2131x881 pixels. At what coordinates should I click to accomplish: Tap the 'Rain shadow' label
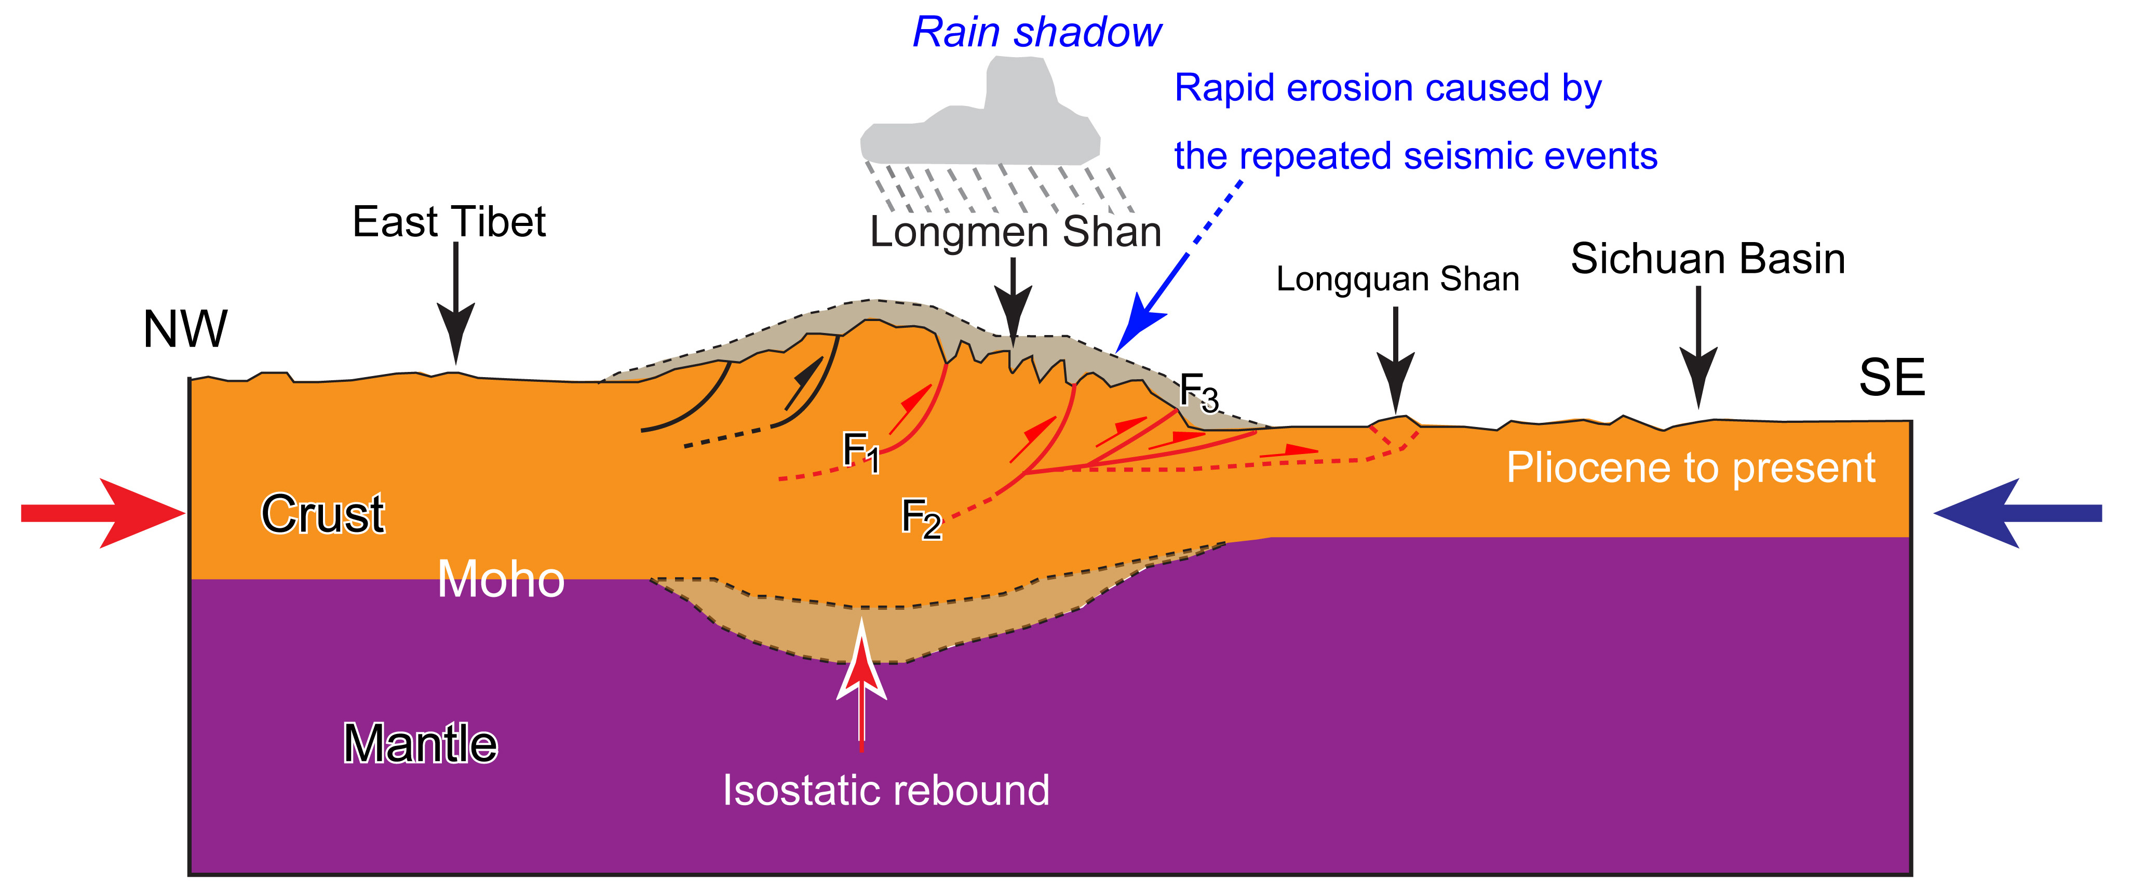(1036, 33)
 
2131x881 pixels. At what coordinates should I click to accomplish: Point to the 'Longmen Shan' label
(1015, 232)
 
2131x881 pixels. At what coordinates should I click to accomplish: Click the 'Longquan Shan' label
(1397, 279)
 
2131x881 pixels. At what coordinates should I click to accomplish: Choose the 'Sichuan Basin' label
(1707, 259)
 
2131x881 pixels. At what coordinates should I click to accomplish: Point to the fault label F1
(860, 451)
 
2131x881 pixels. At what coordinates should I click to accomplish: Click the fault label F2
(921, 518)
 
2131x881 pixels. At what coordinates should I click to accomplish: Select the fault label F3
(1198, 392)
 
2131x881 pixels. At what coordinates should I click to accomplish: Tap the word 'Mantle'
(420, 743)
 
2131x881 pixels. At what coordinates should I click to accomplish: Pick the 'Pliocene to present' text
(1690, 468)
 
